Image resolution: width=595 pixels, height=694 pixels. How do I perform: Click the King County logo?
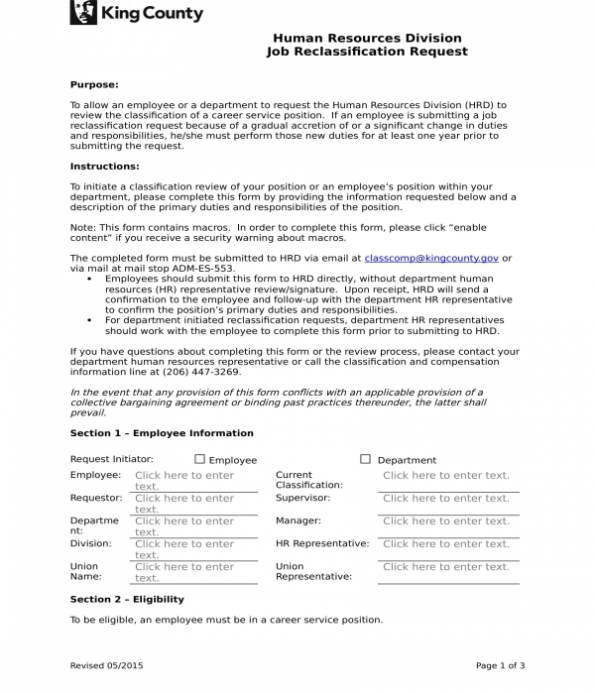[x=137, y=14]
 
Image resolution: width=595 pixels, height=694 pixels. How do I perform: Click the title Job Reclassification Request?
[x=367, y=52]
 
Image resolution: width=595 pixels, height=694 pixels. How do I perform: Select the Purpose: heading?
[x=94, y=85]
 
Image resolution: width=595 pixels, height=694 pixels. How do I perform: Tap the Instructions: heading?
[x=104, y=167]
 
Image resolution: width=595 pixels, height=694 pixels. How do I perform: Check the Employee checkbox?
[x=199, y=459]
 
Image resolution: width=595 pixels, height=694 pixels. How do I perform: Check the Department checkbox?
[x=365, y=459]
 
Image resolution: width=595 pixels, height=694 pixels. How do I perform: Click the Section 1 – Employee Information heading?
[x=162, y=433]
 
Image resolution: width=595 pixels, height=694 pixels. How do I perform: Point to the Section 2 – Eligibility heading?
[x=127, y=600]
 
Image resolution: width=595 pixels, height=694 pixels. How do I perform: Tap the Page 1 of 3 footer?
[x=501, y=665]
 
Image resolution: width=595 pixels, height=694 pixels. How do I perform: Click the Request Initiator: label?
[x=111, y=459]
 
